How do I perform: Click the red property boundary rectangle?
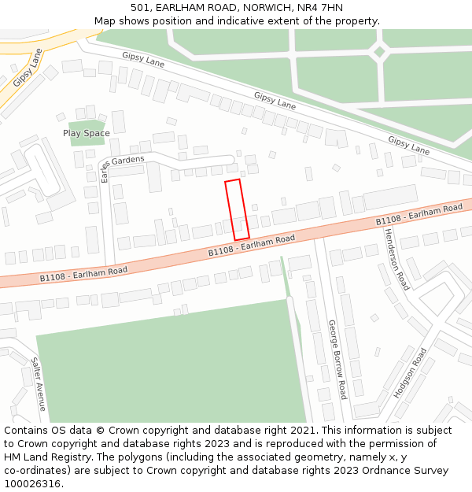pos(237,209)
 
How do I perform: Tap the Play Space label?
pos(87,133)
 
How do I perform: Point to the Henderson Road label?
pos(396,259)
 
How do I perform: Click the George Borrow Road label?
pos(337,359)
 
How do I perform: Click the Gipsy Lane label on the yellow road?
pos(27,67)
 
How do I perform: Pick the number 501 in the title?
pos(152,7)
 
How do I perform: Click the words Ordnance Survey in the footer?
pos(409,471)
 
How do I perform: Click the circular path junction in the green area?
pos(379,53)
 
